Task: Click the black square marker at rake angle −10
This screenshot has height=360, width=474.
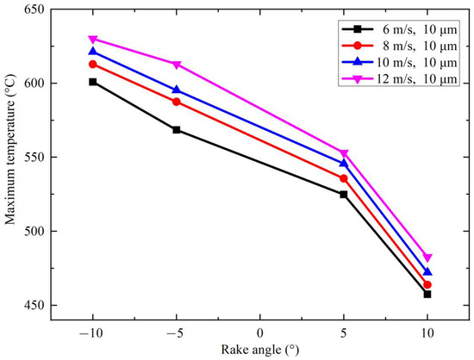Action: (x=93, y=82)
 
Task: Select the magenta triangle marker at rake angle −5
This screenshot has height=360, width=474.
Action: (x=177, y=65)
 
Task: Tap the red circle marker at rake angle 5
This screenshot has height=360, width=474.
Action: (x=344, y=178)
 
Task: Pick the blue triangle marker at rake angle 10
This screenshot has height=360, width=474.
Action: (x=427, y=271)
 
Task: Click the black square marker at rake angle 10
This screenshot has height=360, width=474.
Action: (x=427, y=294)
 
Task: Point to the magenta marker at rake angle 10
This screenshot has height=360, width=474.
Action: (x=427, y=258)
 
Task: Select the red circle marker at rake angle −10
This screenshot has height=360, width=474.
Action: (x=93, y=64)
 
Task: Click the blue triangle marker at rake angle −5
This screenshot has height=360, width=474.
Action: (x=177, y=90)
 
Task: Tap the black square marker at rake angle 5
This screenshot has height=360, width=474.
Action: (x=344, y=195)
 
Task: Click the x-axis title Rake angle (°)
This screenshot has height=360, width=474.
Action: (x=260, y=350)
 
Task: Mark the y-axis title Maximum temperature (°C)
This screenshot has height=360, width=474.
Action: (x=10, y=158)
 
